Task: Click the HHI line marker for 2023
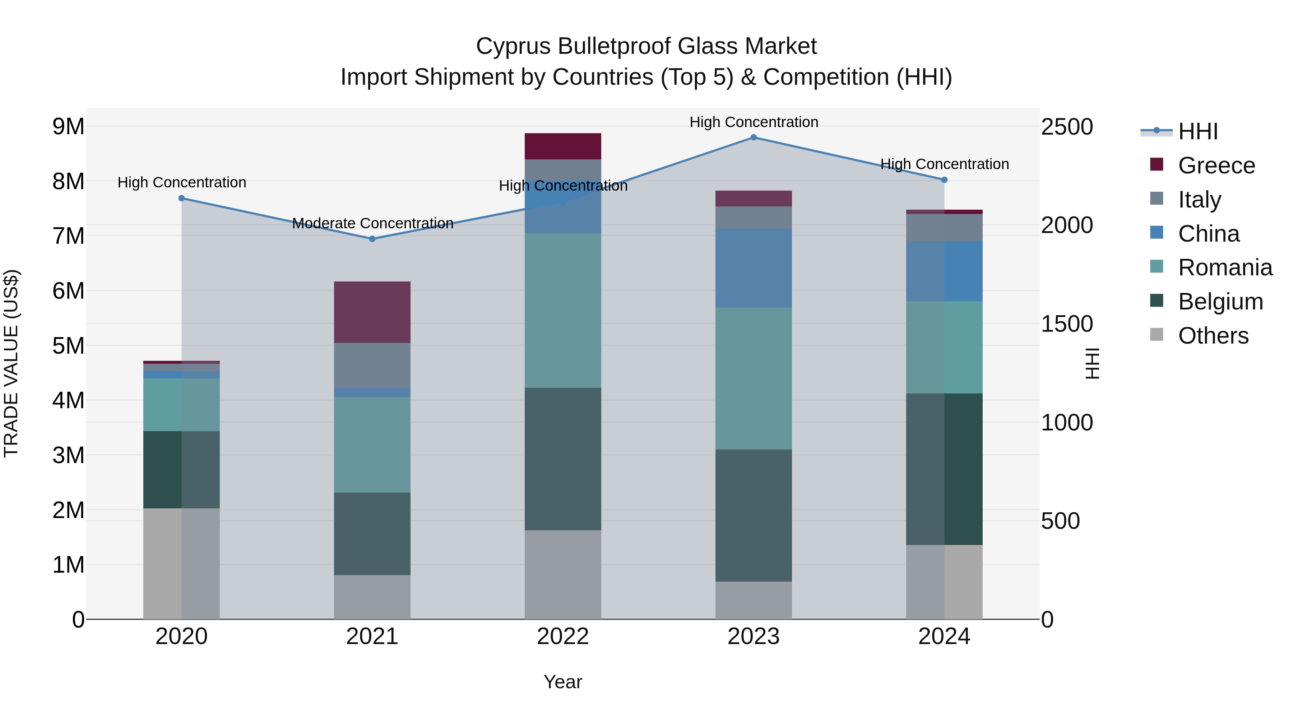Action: coord(754,138)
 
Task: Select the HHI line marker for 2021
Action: coord(372,239)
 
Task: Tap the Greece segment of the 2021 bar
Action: coord(372,312)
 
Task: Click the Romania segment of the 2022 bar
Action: coord(563,310)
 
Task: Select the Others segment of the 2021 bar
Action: coord(372,597)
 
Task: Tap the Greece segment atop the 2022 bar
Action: coord(563,146)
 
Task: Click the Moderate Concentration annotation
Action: coord(372,223)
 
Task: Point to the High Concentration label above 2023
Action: coord(754,122)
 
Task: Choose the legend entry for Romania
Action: coord(1225,267)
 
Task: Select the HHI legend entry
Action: coord(1197,131)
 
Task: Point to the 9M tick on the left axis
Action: coord(68,126)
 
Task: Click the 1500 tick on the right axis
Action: coord(1067,323)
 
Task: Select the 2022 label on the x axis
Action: coord(563,637)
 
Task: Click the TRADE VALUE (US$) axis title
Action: coord(11,363)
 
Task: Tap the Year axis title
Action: coord(563,682)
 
